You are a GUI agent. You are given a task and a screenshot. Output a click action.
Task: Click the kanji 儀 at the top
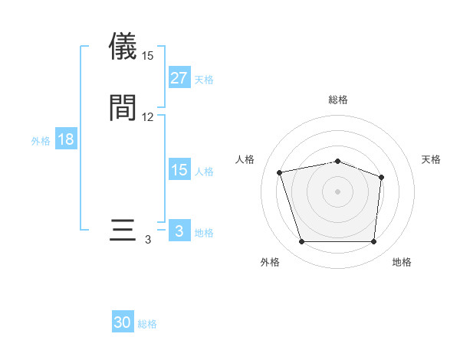point(123,47)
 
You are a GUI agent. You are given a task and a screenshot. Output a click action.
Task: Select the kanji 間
point(123,107)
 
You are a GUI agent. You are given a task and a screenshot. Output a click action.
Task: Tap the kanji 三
point(123,231)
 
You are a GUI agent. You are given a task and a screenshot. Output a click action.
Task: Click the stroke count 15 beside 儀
point(147,56)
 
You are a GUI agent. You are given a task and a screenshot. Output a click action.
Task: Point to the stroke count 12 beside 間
point(147,117)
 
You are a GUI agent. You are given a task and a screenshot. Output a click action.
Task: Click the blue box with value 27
point(179,77)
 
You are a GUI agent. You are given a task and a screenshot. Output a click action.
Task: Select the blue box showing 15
point(179,169)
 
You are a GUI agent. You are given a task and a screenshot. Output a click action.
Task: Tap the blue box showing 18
point(66,139)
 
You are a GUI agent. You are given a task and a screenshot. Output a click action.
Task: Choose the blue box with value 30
point(123,322)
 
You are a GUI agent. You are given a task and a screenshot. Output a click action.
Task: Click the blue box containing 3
point(179,231)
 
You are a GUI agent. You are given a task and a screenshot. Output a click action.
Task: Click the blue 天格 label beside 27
point(204,80)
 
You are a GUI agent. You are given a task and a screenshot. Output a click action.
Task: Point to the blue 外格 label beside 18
point(41,141)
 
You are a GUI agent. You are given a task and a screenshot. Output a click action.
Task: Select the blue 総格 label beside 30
point(148,325)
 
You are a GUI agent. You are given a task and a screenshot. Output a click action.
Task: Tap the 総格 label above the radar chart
point(338,100)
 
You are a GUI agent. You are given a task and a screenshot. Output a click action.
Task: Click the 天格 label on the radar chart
point(431,159)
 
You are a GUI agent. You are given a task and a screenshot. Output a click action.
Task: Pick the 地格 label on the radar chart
point(402,262)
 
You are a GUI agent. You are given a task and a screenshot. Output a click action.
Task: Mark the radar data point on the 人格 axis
point(281,172)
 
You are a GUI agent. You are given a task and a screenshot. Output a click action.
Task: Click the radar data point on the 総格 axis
point(338,161)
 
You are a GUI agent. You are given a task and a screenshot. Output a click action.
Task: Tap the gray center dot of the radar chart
point(338,191)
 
